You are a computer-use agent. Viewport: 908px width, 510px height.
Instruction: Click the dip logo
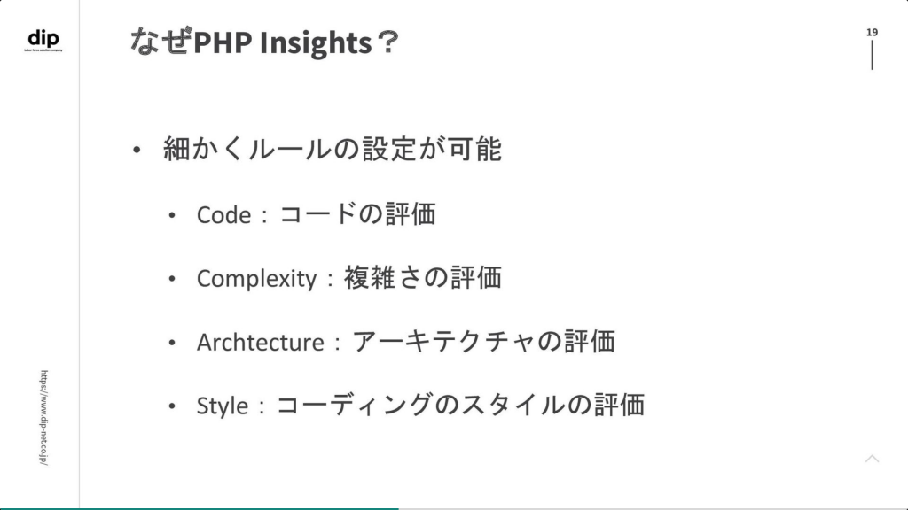tap(43, 40)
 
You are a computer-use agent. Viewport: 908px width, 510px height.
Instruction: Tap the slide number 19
tap(872, 33)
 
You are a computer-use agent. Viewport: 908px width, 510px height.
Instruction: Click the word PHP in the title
tap(223, 42)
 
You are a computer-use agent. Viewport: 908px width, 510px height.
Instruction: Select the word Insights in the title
tap(316, 42)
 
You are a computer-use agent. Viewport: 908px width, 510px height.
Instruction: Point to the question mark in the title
tap(387, 42)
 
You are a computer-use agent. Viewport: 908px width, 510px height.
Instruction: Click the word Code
tap(223, 215)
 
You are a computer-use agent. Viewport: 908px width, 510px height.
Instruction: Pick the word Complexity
tap(256, 279)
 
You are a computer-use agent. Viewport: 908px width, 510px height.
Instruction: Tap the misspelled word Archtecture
tap(260, 343)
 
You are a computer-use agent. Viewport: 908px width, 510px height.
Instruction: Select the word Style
tap(223, 406)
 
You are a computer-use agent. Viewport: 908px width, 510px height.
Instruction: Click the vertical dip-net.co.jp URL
tap(44, 418)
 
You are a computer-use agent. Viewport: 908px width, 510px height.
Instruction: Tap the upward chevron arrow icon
tap(873, 460)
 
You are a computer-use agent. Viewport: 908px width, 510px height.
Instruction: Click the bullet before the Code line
tap(171, 216)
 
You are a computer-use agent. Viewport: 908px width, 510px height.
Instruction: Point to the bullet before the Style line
tap(171, 406)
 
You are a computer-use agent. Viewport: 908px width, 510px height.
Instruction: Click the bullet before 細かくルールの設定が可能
tap(137, 151)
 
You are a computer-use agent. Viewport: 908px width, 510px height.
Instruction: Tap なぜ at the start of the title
tap(160, 41)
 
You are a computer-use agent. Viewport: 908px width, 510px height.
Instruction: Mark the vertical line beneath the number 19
tap(873, 56)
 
